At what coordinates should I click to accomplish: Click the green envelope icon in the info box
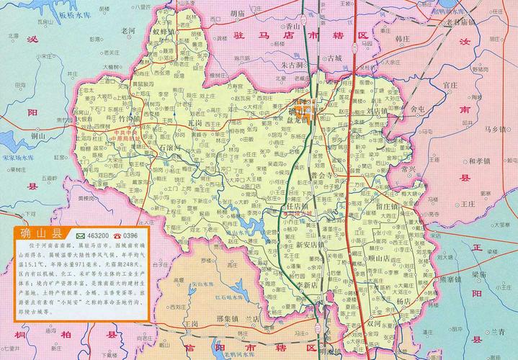tap(80, 235)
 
